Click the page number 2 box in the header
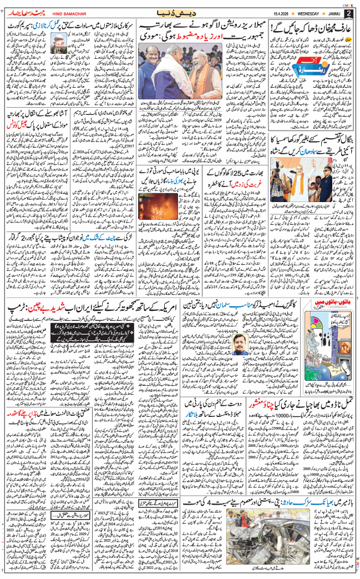(x=348, y=13)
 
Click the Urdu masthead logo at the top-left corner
(x=23, y=12)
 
